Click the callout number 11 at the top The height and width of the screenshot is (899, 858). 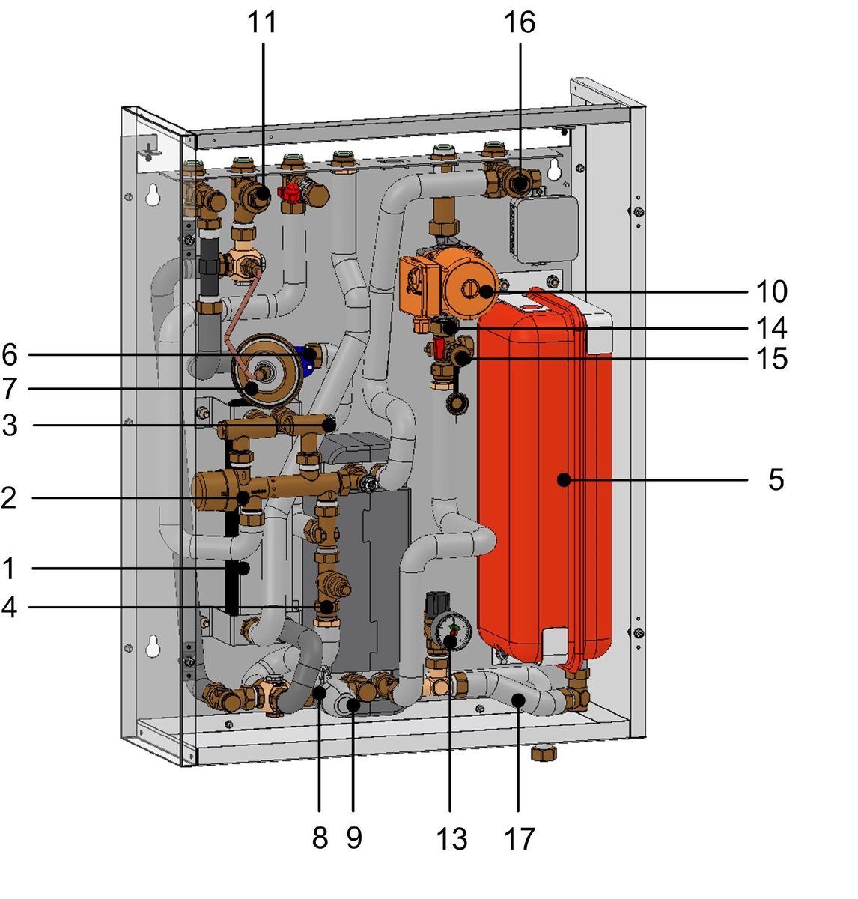262,22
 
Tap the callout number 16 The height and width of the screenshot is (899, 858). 519,22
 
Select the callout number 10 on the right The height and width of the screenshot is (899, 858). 771,291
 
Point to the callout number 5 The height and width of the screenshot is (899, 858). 776,479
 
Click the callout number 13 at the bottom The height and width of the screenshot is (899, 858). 451,838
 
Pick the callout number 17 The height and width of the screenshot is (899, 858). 519,838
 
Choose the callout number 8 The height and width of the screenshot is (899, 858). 320,838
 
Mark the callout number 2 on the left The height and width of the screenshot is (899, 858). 8,497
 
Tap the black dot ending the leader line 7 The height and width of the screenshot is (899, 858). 253,388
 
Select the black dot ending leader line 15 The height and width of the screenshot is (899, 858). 463,359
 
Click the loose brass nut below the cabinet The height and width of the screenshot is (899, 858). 541,751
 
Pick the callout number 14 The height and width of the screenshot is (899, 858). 771,327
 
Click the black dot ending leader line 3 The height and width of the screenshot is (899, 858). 328,425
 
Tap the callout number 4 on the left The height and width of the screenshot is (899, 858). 8,607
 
